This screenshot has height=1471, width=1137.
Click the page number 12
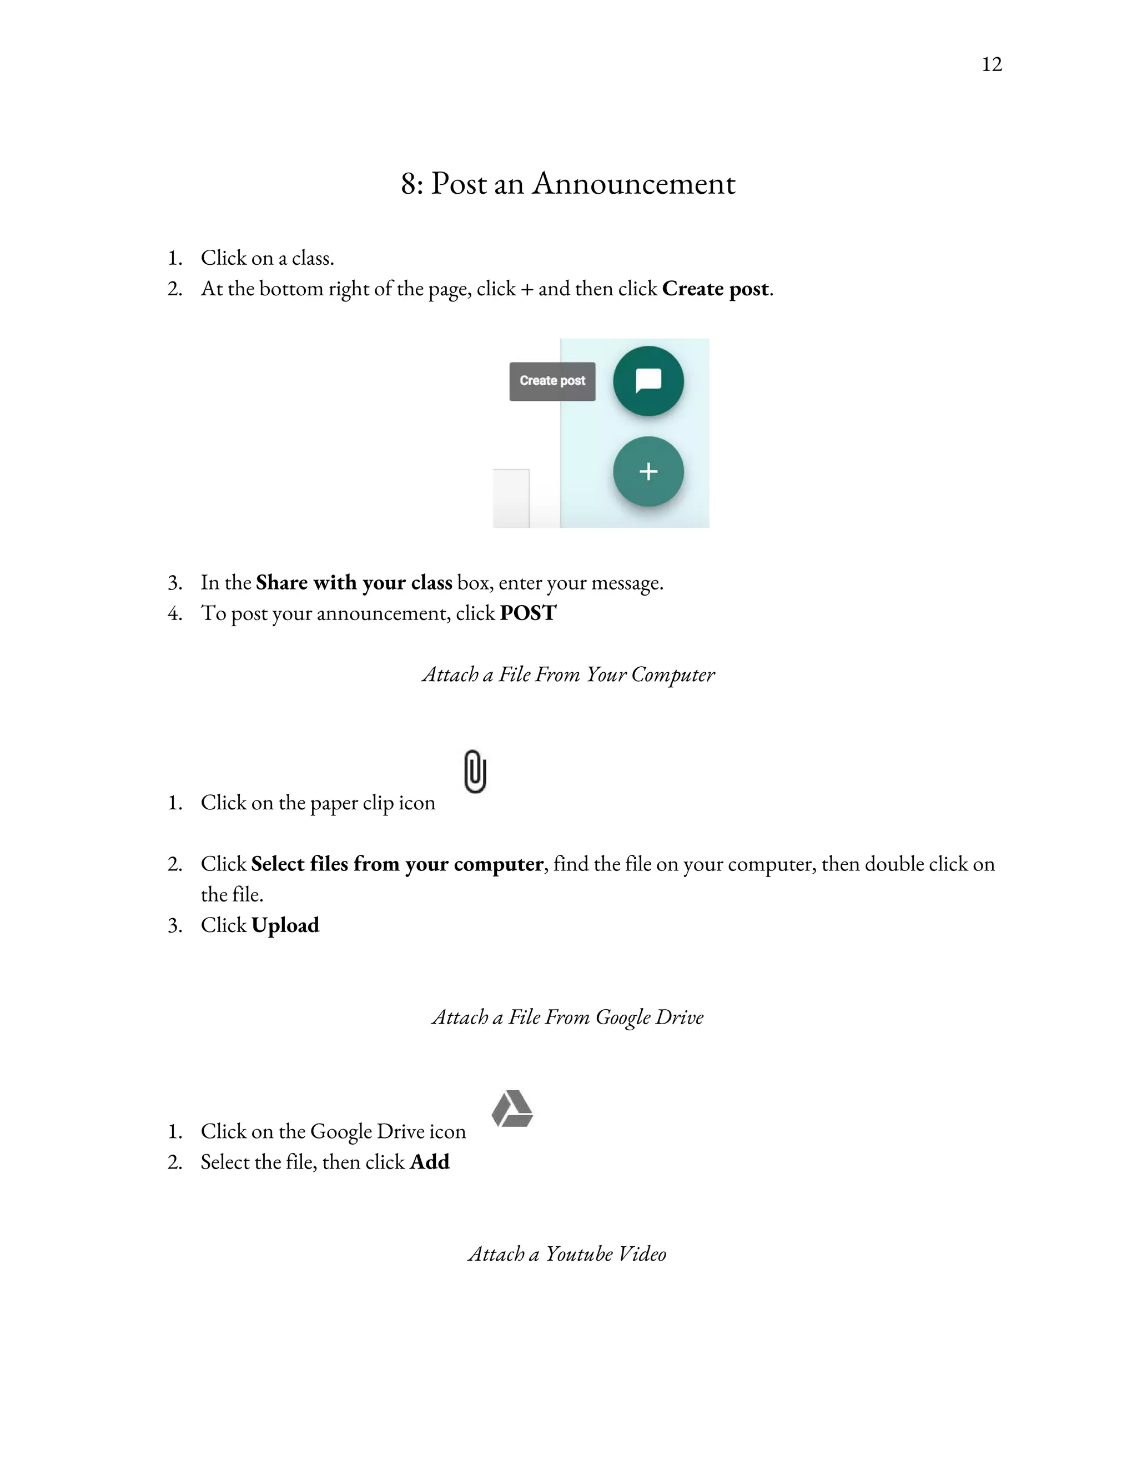[992, 64]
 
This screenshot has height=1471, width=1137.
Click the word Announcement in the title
[634, 184]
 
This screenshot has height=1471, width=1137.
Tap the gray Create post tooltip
[552, 381]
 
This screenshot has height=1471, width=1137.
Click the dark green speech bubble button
[648, 381]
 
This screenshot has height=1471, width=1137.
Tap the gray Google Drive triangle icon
[512, 1109]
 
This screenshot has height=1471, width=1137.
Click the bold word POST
[528, 613]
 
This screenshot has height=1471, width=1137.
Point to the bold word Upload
[285, 925]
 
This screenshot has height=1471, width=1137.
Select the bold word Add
[430, 1162]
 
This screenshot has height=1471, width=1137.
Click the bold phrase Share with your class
[354, 583]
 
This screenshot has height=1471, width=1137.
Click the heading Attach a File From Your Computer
[568, 675]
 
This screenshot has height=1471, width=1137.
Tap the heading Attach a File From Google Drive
[568, 1017]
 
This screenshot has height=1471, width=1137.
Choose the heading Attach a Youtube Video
[567, 1254]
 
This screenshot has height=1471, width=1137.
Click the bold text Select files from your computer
[397, 864]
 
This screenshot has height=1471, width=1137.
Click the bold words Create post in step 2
[715, 289]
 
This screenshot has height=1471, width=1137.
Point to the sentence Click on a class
[268, 258]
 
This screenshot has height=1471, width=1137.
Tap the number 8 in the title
[408, 184]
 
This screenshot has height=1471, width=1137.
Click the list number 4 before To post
[174, 613]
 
